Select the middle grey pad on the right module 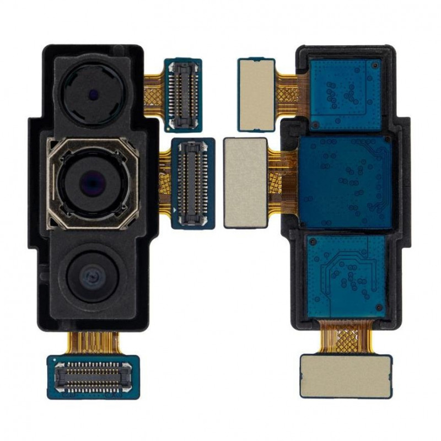coord(245,181)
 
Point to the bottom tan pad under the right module coord(346,376)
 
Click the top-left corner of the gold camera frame coord(51,143)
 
